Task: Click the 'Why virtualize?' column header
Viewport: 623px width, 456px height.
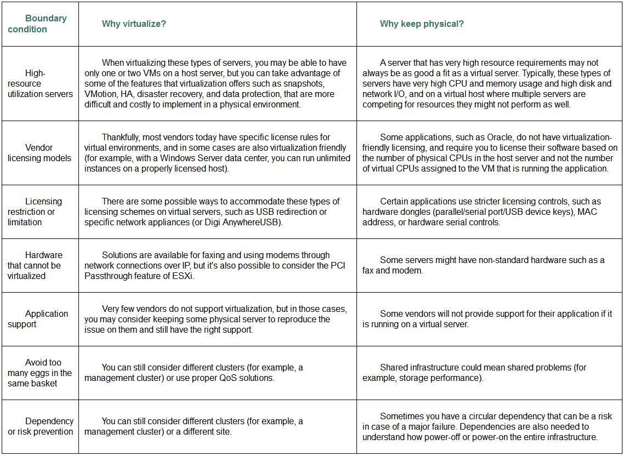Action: [134, 24]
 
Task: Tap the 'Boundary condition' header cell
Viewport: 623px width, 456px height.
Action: [37, 24]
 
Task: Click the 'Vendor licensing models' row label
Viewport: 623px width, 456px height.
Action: [39, 153]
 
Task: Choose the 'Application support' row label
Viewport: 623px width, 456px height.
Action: [38, 318]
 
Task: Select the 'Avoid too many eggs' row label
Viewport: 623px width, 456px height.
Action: [39, 373]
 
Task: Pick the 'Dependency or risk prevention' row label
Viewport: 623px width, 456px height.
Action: [41, 426]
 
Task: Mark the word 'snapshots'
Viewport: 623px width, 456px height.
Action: [305, 83]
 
